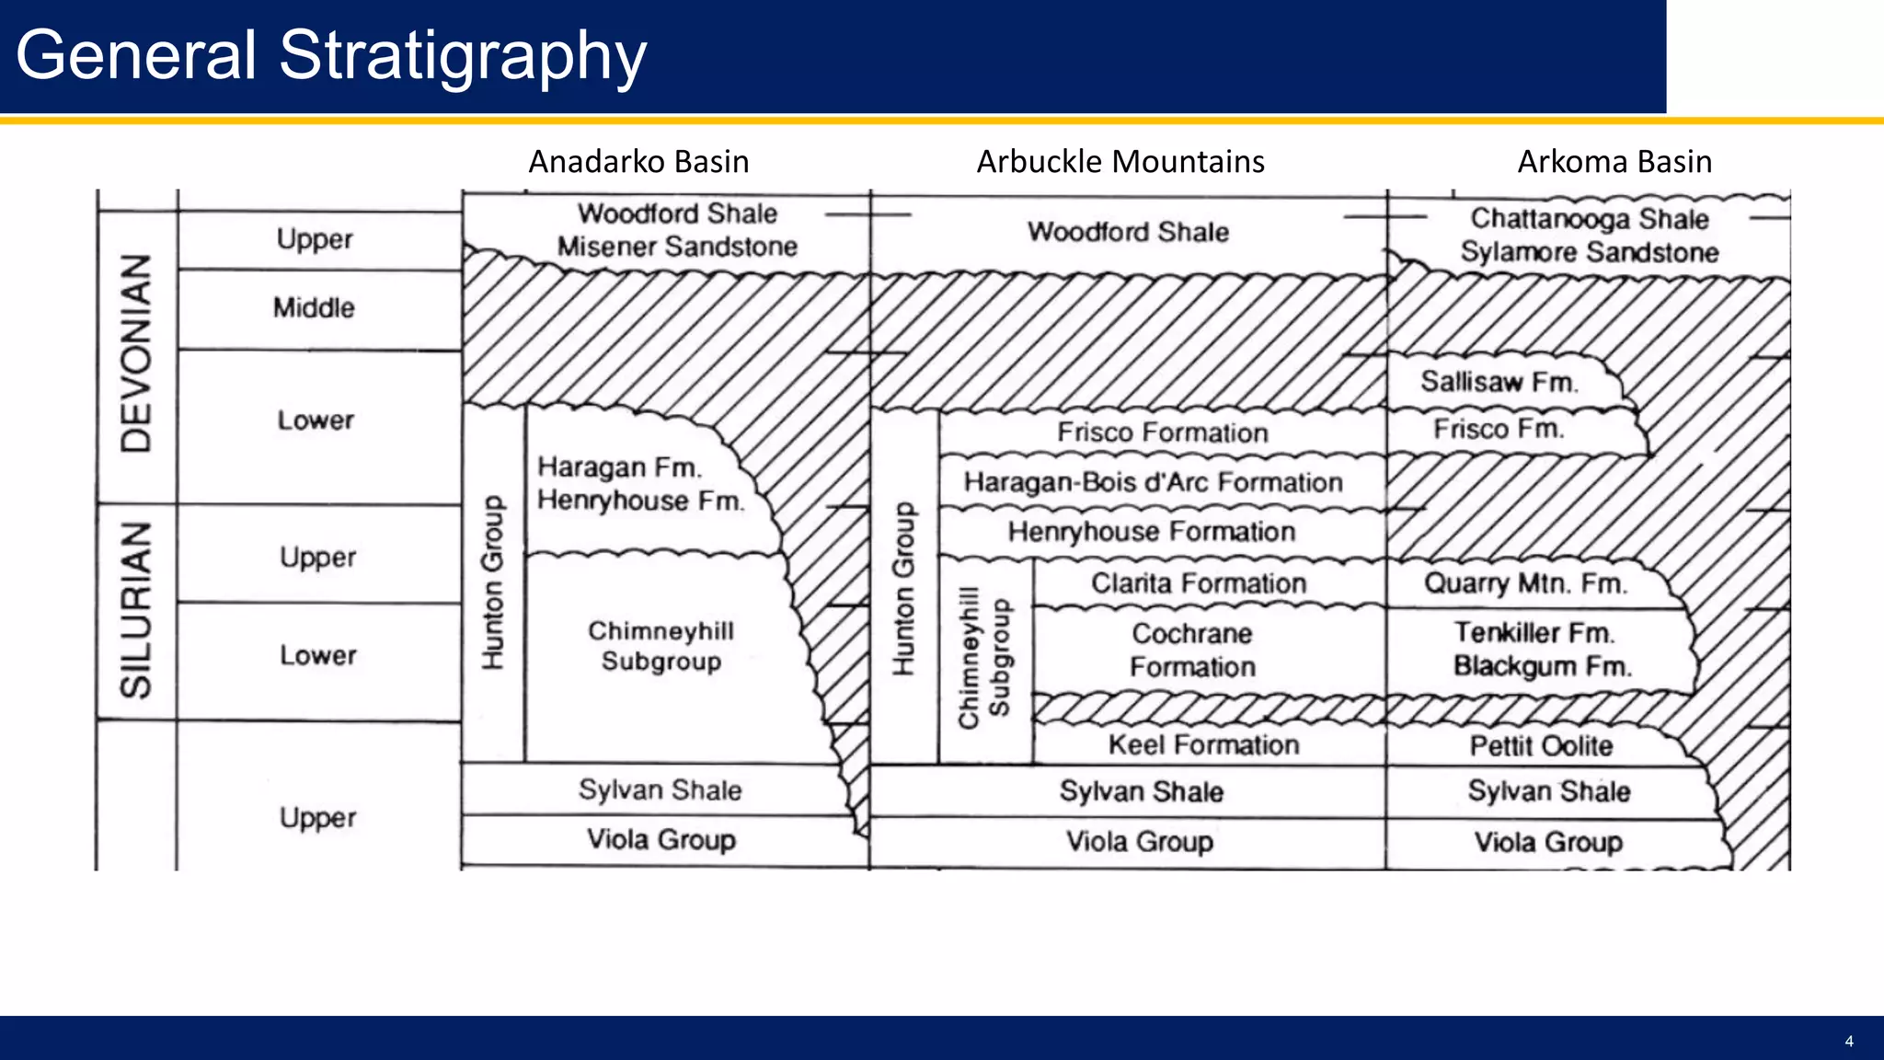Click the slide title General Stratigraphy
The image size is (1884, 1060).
pos(331,55)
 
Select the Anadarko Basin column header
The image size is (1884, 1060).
pos(638,162)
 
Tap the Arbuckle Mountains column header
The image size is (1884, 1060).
pos(1120,162)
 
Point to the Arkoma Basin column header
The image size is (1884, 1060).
pos(1614,162)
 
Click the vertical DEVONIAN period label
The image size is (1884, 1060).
pos(136,353)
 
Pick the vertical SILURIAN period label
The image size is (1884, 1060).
pos(136,610)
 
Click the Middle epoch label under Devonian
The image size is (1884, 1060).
pos(314,308)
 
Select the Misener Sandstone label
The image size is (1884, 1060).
pos(677,247)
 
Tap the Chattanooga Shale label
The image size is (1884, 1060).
pos(1589,219)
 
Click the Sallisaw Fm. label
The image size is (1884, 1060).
pos(1499,381)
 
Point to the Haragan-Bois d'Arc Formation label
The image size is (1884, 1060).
pos(1153,482)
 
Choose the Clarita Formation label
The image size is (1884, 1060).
pos(1199,583)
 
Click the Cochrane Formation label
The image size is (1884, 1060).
pos(1192,650)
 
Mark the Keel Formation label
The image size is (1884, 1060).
pos(1203,744)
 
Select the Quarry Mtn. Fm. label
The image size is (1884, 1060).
pos(1525,583)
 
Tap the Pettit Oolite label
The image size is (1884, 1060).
pos(1541,745)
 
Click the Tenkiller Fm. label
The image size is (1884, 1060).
pos(1534,633)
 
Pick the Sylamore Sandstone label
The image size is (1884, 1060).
pos(1589,252)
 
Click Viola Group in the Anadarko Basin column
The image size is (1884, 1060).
pos(661,839)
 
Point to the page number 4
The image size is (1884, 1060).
pos(1849,1042)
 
